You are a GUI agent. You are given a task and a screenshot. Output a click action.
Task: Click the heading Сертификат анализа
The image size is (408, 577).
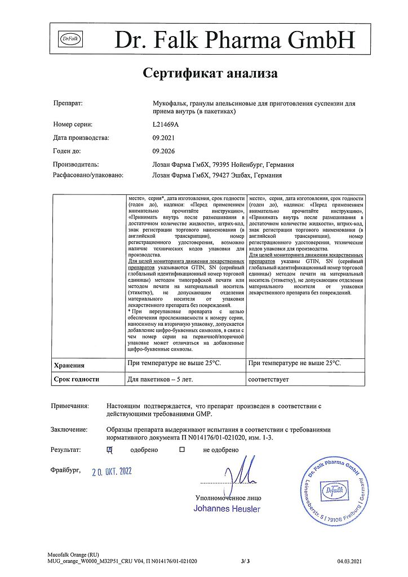pos(210,73)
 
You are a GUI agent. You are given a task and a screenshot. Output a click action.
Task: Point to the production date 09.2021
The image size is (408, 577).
pos(163,137)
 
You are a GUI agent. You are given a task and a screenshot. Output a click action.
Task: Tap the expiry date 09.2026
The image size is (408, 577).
pos(163,151)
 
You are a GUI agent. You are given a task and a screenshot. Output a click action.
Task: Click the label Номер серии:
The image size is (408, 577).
pos(73,124)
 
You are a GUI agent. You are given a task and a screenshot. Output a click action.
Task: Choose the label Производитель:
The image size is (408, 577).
pos(76,165)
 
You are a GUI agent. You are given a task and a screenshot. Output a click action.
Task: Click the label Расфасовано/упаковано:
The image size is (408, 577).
pos(87,175)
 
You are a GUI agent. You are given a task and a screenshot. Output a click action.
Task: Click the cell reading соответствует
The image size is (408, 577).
pos(268,379)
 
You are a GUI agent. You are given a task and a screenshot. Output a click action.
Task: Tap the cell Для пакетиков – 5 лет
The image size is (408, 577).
pos(160,379)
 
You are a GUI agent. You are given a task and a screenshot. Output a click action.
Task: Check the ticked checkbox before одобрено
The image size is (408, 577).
pos(110,450)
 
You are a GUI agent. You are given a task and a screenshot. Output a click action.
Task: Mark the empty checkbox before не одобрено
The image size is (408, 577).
pos(182,450)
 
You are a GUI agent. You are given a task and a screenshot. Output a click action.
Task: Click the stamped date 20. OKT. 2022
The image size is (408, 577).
pos(112,471)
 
